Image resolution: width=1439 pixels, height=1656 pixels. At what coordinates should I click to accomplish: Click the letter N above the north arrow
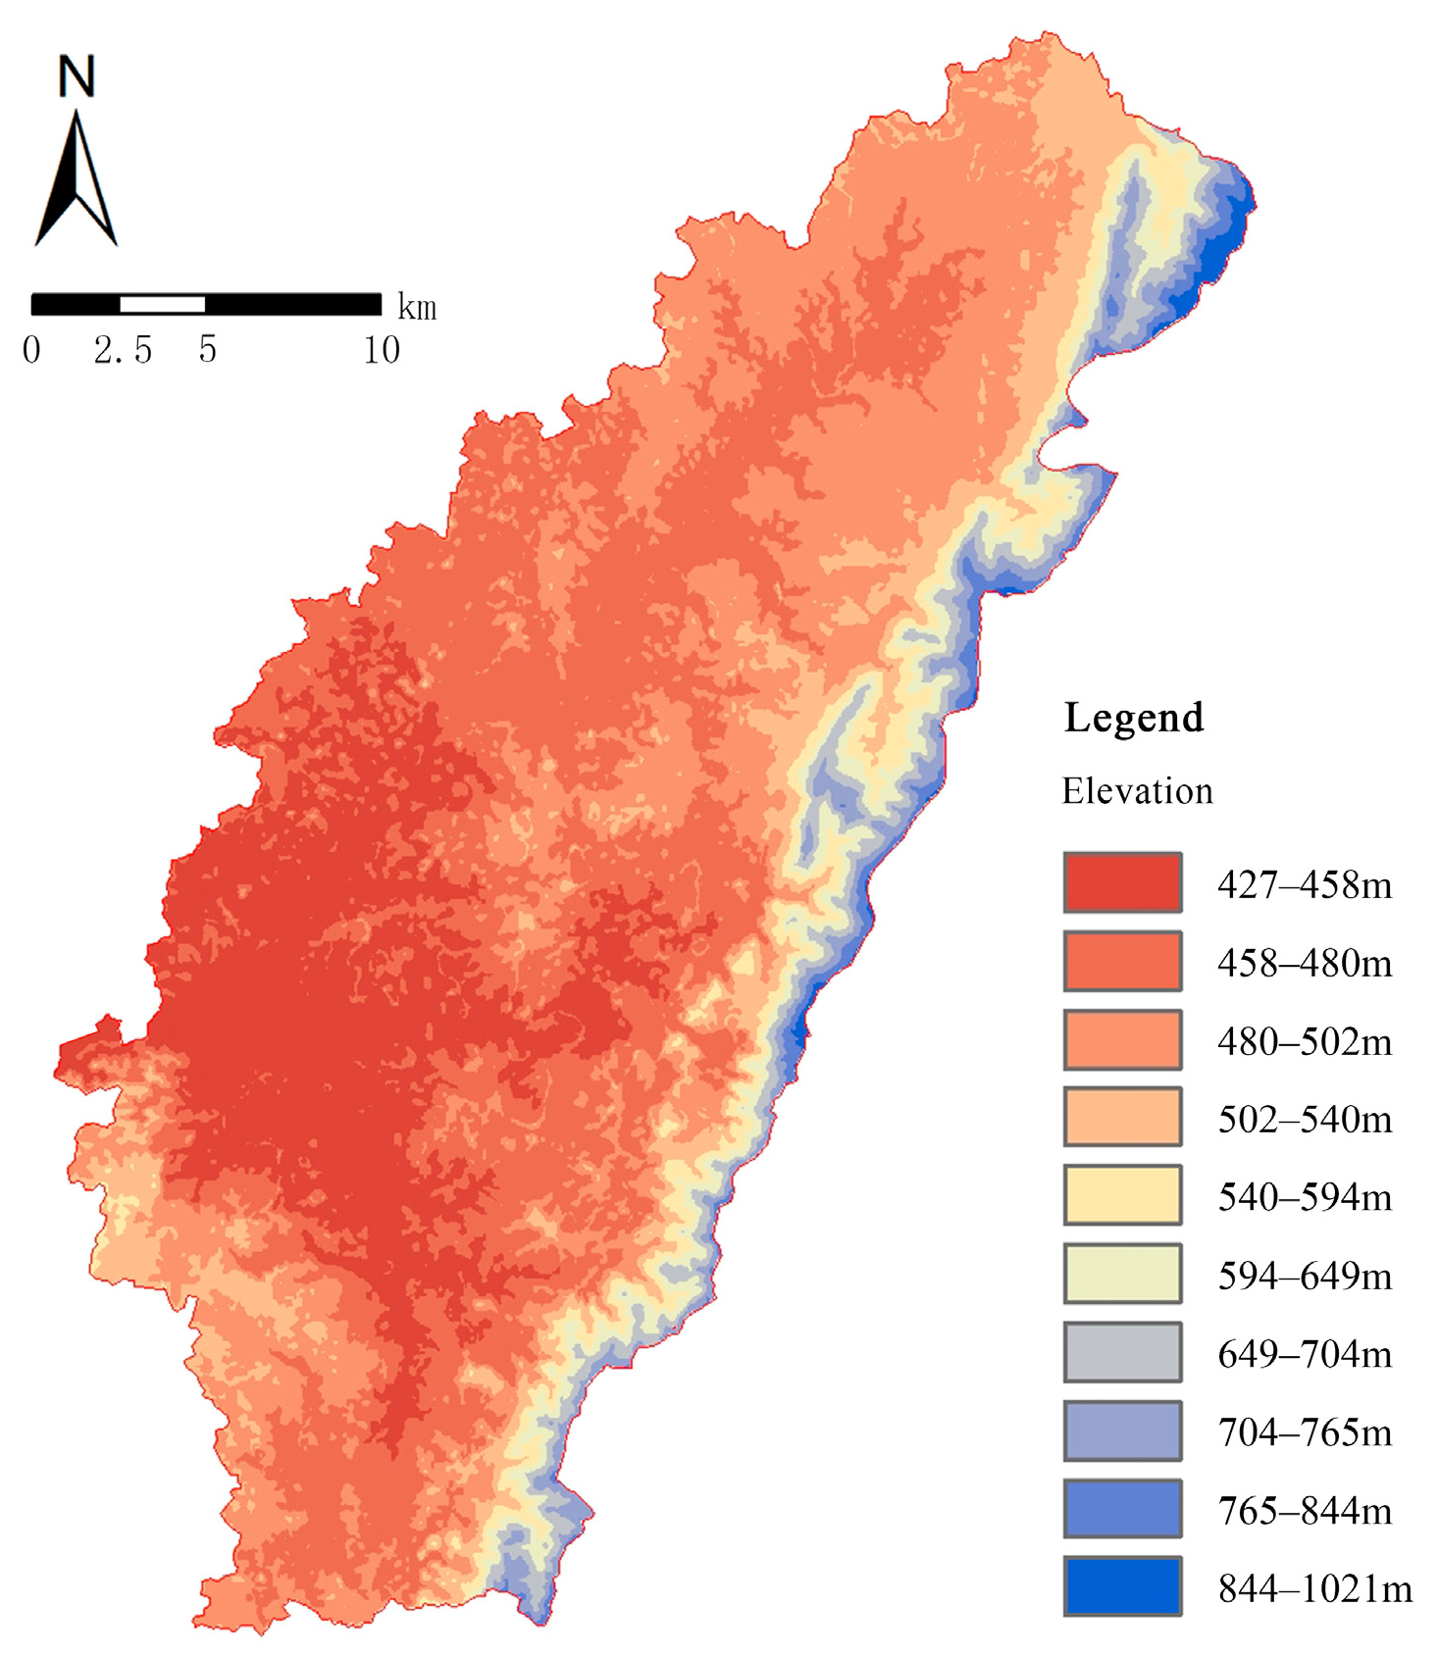click(77, 76)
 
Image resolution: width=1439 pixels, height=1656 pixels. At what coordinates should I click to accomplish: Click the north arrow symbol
click(77, 181)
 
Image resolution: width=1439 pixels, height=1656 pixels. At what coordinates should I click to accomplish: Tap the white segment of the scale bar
click(162, 304)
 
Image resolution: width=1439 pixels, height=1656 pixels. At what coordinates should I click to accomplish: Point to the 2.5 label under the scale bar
click(124, 350)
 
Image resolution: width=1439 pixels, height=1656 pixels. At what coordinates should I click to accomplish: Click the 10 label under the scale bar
click(382, 350)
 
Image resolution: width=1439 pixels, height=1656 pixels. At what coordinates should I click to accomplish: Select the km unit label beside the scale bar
click(417, 308)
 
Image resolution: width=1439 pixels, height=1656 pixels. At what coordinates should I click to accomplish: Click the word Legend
click(1133, 718)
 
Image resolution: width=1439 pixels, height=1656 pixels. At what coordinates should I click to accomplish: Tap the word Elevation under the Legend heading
click(1137, 791)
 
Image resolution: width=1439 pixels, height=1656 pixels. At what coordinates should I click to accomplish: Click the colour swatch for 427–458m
click(1122, 882)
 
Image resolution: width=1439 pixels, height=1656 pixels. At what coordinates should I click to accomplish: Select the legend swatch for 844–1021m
click(1122, 1585)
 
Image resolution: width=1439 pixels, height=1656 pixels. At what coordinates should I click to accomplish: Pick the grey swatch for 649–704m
click(1122, 1351)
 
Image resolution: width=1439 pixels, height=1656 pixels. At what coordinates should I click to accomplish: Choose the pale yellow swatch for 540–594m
click(1122, 1195)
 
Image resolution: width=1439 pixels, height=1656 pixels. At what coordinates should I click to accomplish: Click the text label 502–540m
click(1305, 1119)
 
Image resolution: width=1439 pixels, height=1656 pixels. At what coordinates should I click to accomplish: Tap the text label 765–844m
click(1305, 1510)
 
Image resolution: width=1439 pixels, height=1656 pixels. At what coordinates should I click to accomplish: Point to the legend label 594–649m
click(1305, 1276)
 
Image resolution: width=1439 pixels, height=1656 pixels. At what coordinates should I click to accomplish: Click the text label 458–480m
click(1305, 963)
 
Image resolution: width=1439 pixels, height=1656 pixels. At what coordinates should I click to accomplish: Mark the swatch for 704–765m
click(1122, 1430)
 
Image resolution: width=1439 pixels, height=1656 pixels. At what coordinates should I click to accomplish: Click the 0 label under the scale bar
click(32, 350)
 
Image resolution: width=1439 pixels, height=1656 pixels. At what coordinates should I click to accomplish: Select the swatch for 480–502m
click(1122, 1039)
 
